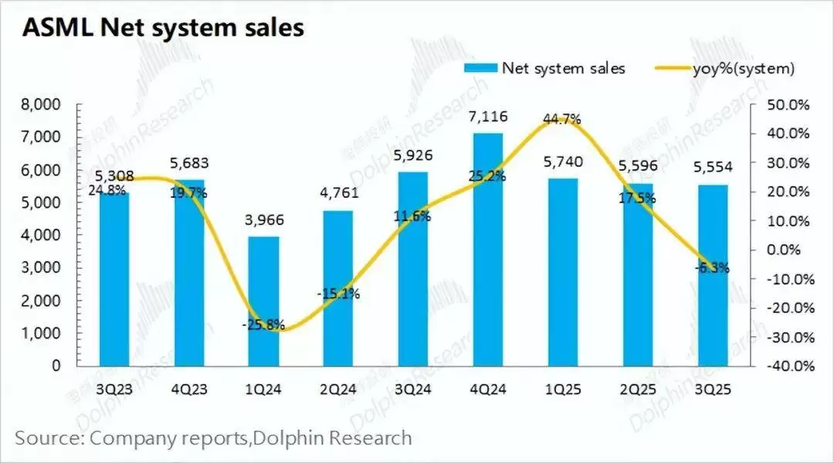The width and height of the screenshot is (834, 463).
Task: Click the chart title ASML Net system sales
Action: pos(163,29)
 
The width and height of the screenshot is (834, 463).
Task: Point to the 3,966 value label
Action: pos(263,220)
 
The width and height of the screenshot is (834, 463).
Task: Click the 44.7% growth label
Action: pos(562,118)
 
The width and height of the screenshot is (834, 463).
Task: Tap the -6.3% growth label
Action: pos(709,268)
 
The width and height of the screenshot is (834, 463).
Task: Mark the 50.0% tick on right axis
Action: pos(788,104)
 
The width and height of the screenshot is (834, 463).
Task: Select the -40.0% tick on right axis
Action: pos(788,366)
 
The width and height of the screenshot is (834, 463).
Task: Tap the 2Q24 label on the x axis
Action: pos(338,390)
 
